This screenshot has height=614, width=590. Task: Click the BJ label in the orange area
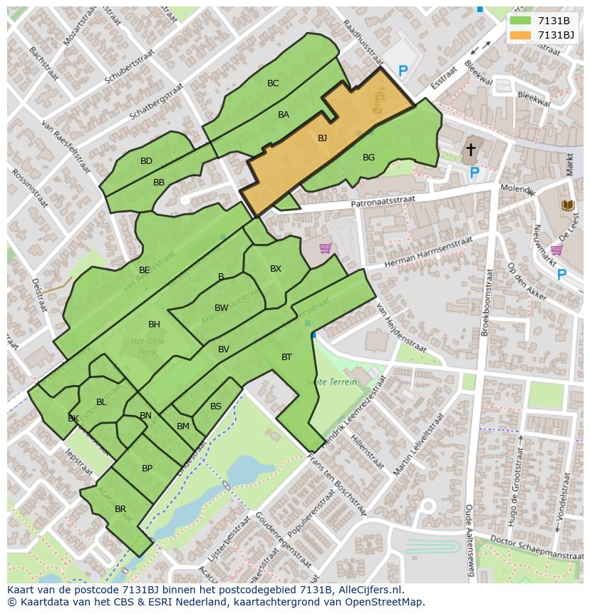(322, 138)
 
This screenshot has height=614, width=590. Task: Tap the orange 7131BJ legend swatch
(520, 35)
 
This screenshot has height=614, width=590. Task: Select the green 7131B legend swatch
(520, 21)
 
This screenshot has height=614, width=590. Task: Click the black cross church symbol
(470, 150)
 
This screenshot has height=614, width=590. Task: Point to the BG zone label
(368, 158)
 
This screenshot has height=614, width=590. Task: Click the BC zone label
(273, 83)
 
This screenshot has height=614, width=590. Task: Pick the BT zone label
(286, 357)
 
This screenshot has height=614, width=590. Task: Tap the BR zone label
(120, 509)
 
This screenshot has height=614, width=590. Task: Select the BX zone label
(276, 269)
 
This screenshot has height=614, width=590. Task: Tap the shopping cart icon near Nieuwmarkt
(556, 250)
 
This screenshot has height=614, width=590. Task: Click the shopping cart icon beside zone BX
(325, 248)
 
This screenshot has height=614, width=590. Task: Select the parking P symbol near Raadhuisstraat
(403, 71)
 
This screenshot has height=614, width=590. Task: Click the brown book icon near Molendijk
(568, 205)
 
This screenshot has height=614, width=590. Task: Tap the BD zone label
(146, 161)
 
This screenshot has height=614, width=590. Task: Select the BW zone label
(222, 308)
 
